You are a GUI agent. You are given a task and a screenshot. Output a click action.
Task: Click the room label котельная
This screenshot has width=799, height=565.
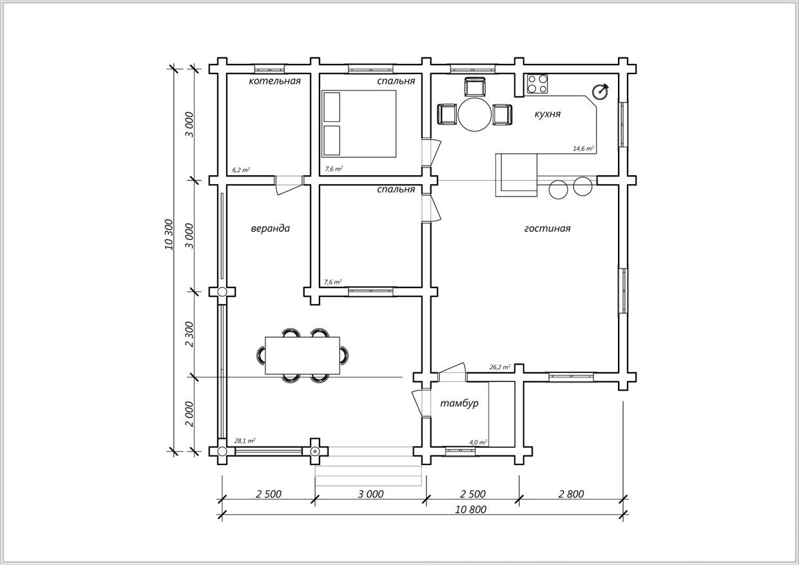[274, 81]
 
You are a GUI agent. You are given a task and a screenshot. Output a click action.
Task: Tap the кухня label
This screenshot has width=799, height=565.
[548, 114]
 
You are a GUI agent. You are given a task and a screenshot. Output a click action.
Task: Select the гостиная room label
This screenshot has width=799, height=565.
[547, 228]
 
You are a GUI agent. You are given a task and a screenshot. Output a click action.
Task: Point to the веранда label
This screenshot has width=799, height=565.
[271, 228]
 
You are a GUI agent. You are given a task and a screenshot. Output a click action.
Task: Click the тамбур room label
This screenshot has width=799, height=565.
[459, 403]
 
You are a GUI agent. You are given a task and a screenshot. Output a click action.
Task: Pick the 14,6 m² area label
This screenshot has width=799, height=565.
[583, 148]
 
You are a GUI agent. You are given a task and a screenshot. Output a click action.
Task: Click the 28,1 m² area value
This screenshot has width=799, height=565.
[244, 441]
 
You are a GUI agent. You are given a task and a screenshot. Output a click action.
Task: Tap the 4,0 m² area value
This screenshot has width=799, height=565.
[478, 443]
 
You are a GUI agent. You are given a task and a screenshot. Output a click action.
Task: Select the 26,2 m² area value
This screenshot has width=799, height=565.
[500, 367]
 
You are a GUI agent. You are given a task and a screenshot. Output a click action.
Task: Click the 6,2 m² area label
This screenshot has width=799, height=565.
[241, 170]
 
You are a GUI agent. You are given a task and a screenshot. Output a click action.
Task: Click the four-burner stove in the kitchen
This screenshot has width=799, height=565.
[537, 84]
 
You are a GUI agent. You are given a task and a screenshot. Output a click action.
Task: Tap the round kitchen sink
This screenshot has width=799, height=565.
[601, 91]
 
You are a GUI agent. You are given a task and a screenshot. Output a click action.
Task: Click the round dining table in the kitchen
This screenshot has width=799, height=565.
[475, 115]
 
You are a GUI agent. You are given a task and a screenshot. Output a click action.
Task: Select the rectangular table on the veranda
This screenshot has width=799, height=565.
[302, 355]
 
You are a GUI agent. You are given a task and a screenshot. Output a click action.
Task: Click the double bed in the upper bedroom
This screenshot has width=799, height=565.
[359, 124]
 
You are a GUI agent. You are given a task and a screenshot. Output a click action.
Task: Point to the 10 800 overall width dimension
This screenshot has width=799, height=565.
[470, 510]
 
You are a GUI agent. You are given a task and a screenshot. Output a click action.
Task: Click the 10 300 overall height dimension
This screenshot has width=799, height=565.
[169, 235]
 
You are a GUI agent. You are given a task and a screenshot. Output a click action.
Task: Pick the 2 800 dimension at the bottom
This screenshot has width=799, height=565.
[571, 494]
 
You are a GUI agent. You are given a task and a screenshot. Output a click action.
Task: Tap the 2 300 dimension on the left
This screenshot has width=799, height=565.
[189, 334]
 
